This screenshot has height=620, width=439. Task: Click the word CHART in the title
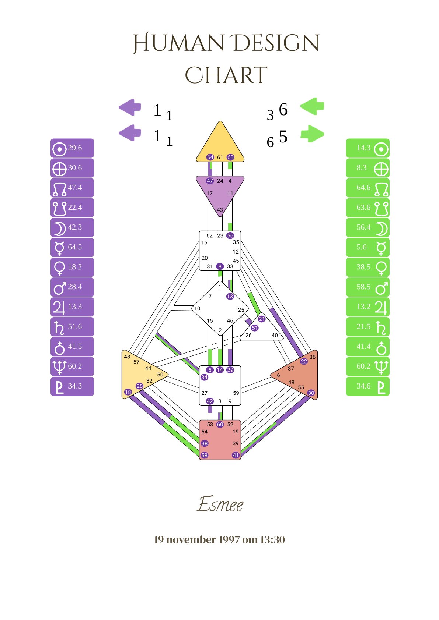pyautogui.click(x=226, y=75)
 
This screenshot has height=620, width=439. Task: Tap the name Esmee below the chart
pyautogui.click(x=220, y=504)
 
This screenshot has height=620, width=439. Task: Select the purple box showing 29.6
pyautogui.click(x=72, y=148)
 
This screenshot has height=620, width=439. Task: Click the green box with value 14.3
pyautogui.click(x=367, y=148)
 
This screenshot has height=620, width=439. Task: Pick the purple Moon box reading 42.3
pyautogui.click(x=72, y=228)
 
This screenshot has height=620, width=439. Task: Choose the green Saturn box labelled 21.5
pyautogui.click(x=367, y=327)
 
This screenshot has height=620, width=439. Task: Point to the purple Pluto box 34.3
pyautogui.click(x=72, y=386)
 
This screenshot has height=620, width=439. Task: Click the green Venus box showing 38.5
pyautogui.click(x=367, y=268)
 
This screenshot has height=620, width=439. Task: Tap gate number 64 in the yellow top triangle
pyautogui.click(x=210, y=157)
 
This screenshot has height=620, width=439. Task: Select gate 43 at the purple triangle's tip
pyautogui.click(x=220, y=210)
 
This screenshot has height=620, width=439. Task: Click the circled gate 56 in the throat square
pyautogui.click(x=230, y=235)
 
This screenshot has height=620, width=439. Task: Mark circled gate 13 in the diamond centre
pyautogui.click(x=230, y=296)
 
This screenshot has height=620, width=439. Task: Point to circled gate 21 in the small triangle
pyautogui.click(x=262, y=319)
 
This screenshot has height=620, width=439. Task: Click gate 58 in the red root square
pyautogui.click(x=204, y=455)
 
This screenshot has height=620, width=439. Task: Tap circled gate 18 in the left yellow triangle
pyautogui.click(x=128, y=392)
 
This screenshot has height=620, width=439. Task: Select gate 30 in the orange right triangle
pyautogui.click(x=311, y=393)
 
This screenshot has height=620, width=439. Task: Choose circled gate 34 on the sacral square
pyautogui.click(x=204, y=377)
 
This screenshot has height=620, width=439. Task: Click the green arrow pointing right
pyautogui.click(x=313, y=134)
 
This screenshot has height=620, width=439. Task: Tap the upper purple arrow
pyautogui.click(x=130, y=107)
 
